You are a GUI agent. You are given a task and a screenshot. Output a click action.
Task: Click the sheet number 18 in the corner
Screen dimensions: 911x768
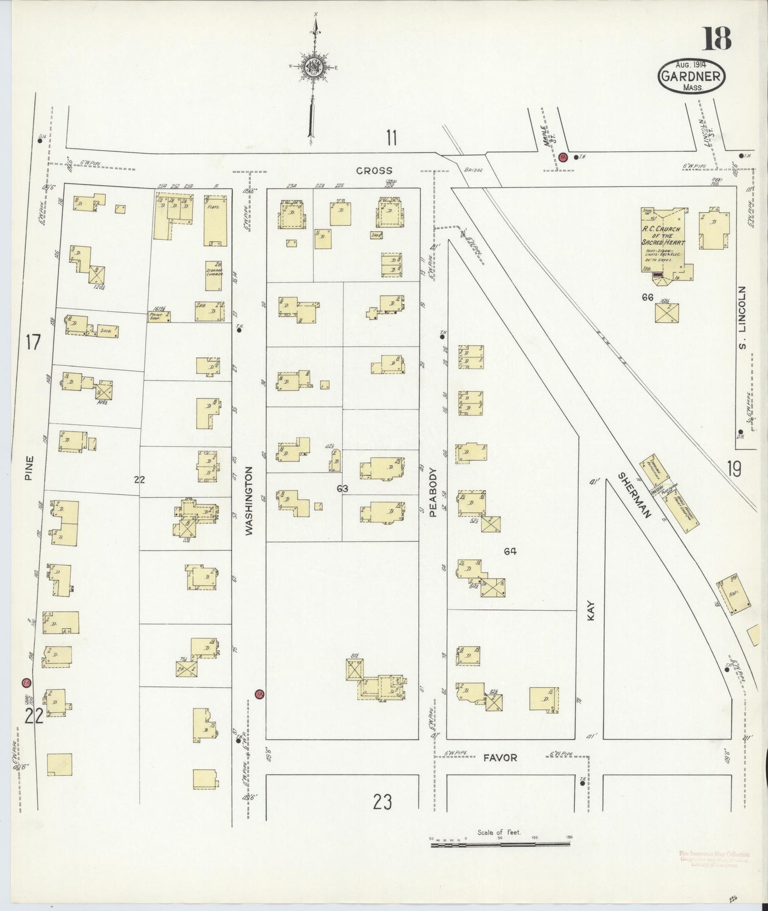tap(718, 38)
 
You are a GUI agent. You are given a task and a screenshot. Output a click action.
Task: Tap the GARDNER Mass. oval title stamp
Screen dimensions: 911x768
tap(691, 76)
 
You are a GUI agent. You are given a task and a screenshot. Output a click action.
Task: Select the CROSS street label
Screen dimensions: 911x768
tap(374, 171)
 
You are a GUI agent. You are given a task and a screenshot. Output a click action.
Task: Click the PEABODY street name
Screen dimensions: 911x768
tap(433, 492)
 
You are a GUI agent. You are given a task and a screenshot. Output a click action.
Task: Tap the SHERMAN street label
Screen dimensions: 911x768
tap(635, 495)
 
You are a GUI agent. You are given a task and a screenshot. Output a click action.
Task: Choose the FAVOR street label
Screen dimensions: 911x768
tap(500, 757)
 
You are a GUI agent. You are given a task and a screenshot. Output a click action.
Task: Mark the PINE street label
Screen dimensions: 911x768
tap(29, 468)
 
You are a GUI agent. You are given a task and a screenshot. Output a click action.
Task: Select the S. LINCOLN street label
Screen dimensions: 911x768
tap(742, 318)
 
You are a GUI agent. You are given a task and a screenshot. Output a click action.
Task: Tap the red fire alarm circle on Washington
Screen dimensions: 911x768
tap(259, 694)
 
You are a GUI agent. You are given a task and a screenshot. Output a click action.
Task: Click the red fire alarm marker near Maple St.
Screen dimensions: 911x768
tap(563, 157)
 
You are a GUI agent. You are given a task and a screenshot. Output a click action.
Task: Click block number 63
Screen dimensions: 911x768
tap(342, 487)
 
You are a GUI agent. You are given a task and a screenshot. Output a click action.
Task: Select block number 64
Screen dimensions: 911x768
tap(510, 551)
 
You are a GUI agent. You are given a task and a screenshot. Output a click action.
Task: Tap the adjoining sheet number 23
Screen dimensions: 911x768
tap(382, 801)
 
